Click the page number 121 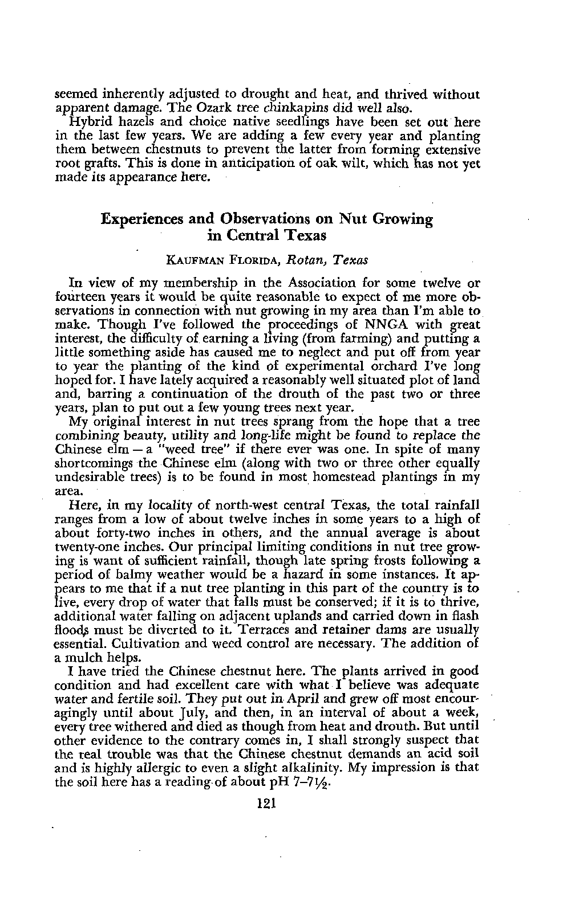point(266,804)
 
